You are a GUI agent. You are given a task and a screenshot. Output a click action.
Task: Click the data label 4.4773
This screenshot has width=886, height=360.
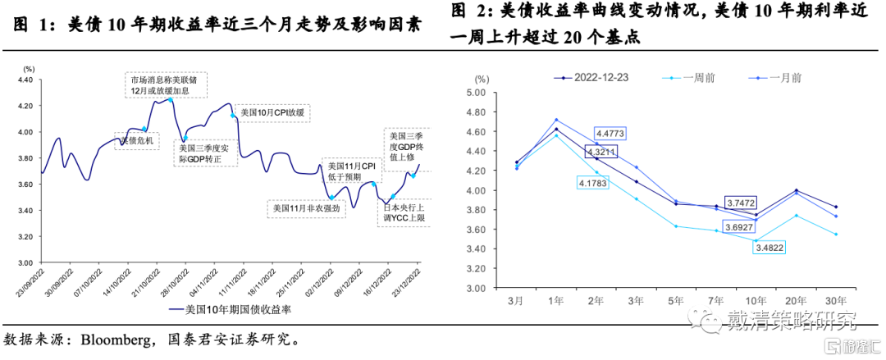pyautogui.click(x=611, y=133)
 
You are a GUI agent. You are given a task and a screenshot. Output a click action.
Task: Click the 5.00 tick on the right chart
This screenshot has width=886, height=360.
pyautogui.click(x=477, y=93)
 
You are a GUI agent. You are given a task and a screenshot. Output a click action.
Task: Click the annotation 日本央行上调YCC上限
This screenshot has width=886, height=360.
pyautogui.click(x=404, y=213)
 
